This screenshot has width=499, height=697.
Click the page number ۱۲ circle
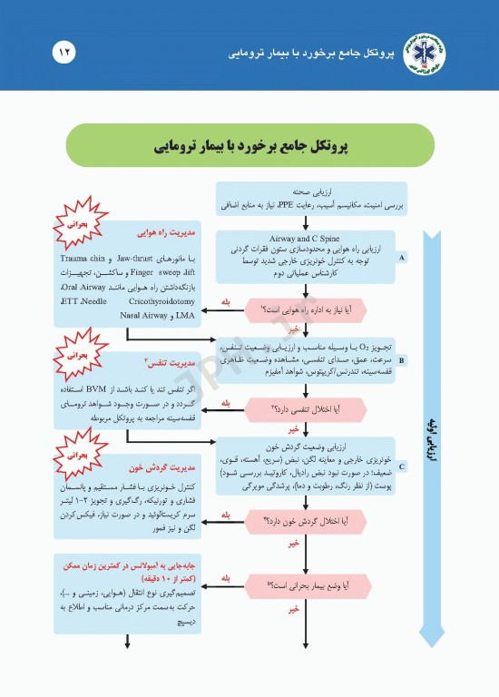pos(64,52)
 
